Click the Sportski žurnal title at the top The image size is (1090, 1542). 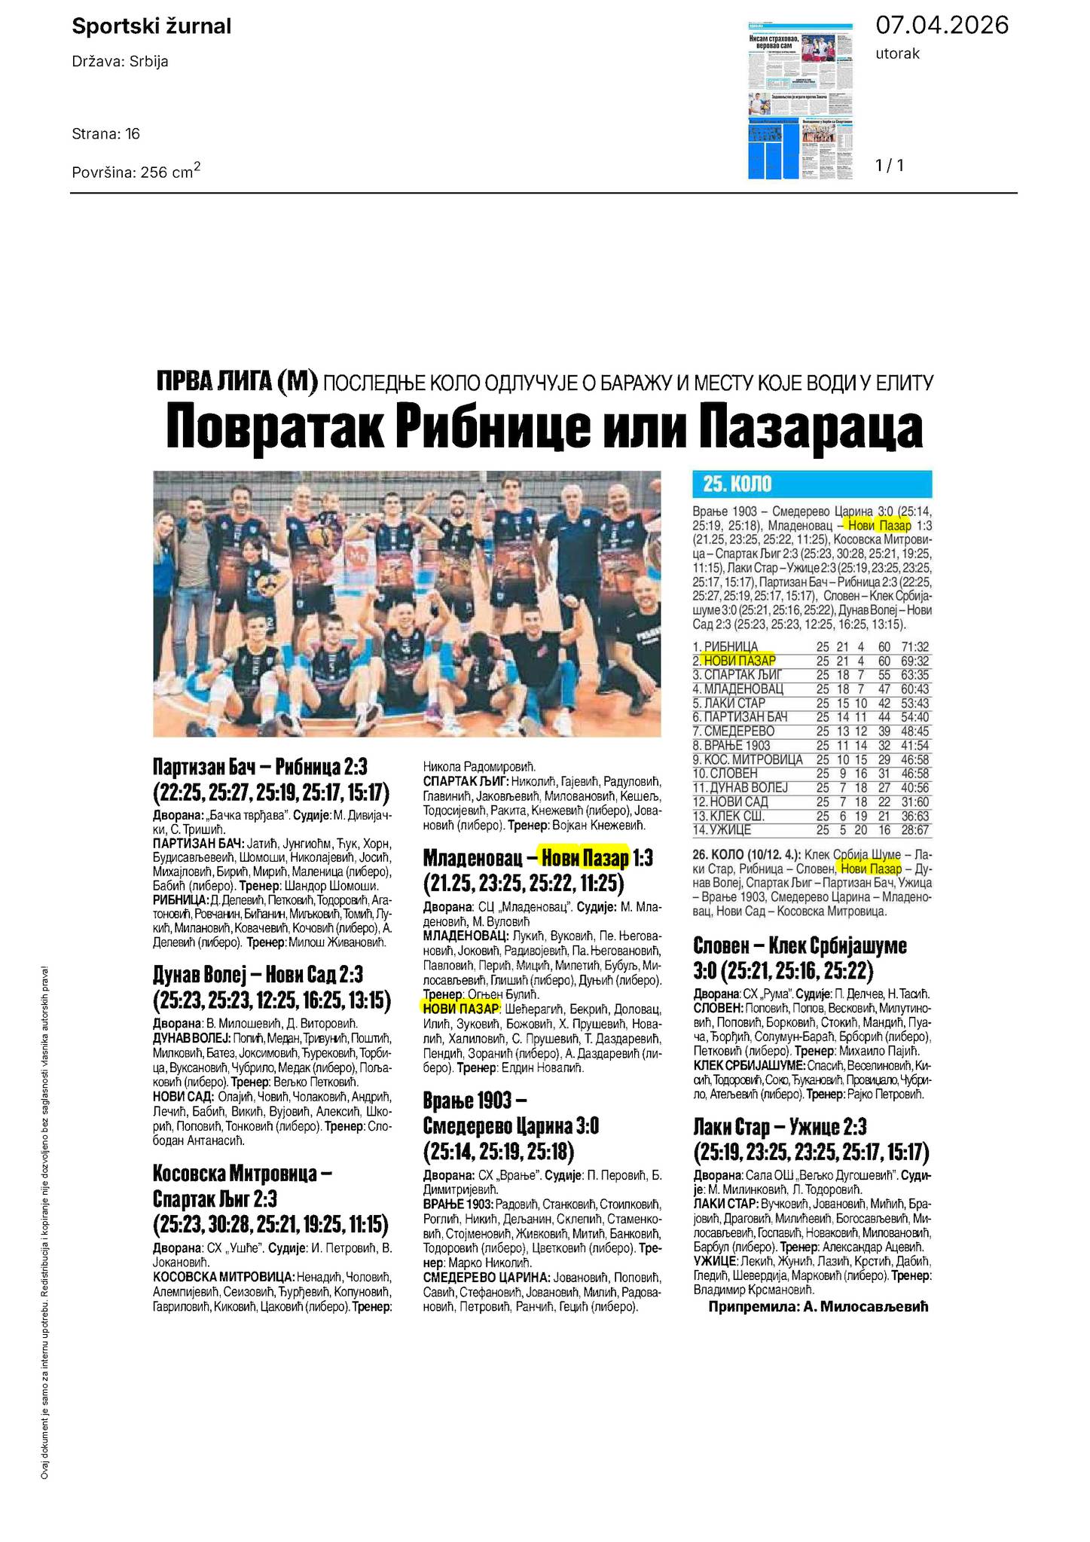pyautogui.click(x=151, y=27)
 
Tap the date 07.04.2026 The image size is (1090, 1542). pyautogui.click(x=942, y=26)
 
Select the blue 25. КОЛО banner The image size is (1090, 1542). pyautogui.click(x=811, y=484)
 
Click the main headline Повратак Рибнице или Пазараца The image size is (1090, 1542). pyautogui.click(x=544, y=427)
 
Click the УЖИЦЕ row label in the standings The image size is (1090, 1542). pyautogui.click(x=722, y=830)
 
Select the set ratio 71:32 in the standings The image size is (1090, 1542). pyautogui.click(x=914, y=646)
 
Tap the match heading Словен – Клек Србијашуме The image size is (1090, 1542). pyautogui.click(x=800, y=945)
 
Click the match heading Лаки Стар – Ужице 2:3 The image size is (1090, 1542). pyautogui.click(x=780, y=1127)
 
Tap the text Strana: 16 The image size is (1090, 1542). pyautogui.click(x=106, y=134)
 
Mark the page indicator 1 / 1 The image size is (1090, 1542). pyautogui.click(x=890, y=165)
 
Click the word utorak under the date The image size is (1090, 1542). pyautogui.click(x=897, y=53)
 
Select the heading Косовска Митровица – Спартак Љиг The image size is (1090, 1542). pyautogui.click(x=243, y=1173)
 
